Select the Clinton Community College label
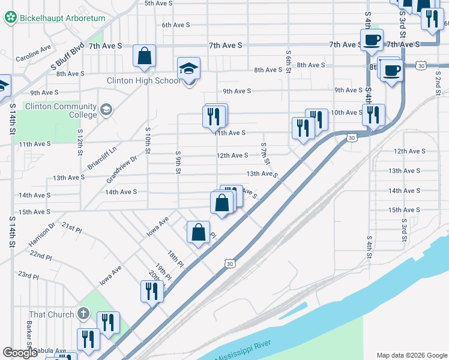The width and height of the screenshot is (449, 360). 60,110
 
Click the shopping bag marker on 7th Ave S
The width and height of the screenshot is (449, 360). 145,56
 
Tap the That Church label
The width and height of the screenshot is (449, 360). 52,314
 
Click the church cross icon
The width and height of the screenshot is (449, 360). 83,314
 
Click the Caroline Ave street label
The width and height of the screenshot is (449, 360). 34,53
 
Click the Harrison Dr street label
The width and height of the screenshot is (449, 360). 41,235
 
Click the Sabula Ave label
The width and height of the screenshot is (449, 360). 50,350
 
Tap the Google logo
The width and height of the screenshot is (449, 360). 20,353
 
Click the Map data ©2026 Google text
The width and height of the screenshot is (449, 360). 411,355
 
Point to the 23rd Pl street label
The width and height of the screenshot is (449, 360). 28,275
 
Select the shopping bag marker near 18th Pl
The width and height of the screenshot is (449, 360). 198,233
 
